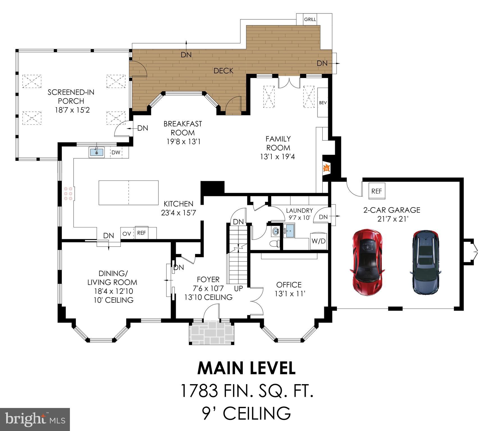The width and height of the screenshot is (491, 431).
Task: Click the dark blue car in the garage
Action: point(425,263)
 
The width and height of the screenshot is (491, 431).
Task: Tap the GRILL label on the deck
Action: point(310,19)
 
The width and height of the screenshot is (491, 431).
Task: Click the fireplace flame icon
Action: point(326,168)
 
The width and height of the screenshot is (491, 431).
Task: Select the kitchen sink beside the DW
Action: point(97,152)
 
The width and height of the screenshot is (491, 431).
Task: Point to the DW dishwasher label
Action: point(116,152)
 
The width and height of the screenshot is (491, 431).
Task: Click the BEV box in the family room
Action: point(323,103)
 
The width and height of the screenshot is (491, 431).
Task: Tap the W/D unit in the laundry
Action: point(319,241)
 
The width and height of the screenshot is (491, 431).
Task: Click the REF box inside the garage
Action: point(376,191)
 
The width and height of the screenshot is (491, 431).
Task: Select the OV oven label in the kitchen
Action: point(127,233)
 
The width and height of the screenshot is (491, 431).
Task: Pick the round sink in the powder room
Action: point(276,232)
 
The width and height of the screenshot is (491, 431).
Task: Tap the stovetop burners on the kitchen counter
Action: point(68,193)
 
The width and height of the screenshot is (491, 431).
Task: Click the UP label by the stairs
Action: point(238,288)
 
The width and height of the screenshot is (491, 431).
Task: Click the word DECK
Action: point(223,71)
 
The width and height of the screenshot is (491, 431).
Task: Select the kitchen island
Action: point(129,193)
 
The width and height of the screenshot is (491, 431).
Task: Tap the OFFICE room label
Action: point(289,285)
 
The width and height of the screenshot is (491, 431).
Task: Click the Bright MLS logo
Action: point(35,419)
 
